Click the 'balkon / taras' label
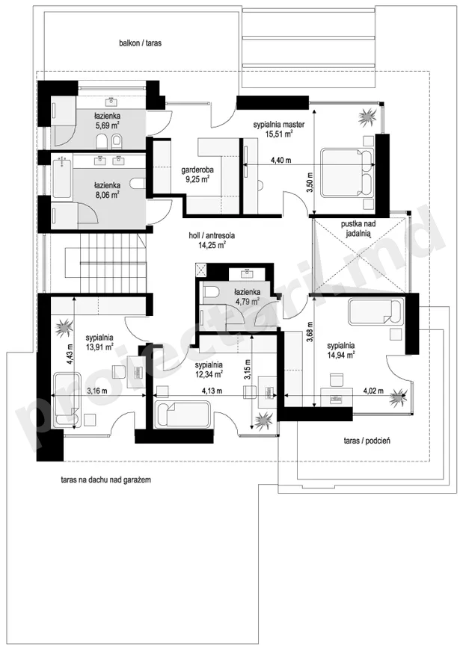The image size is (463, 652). (x=141, y=43)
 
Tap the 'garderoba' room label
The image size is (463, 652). (x=197, y=170)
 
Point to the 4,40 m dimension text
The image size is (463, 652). (x=280, y=160)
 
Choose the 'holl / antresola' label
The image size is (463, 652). (x=212, y=235)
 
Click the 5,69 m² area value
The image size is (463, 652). (x=107, y=125)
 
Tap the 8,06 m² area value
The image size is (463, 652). (x=107, y=194)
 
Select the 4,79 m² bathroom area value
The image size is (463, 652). (x=248, y=301)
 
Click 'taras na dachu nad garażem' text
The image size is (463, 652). (x=105, y=480)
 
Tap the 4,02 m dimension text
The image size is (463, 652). (x=373, y=391)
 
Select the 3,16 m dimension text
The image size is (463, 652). (x=97, y=391)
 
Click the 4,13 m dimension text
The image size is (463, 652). (x=212, y=391)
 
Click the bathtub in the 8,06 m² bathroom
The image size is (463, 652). (x=61, y=177)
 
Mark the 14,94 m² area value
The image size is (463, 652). (x=340, y=355)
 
